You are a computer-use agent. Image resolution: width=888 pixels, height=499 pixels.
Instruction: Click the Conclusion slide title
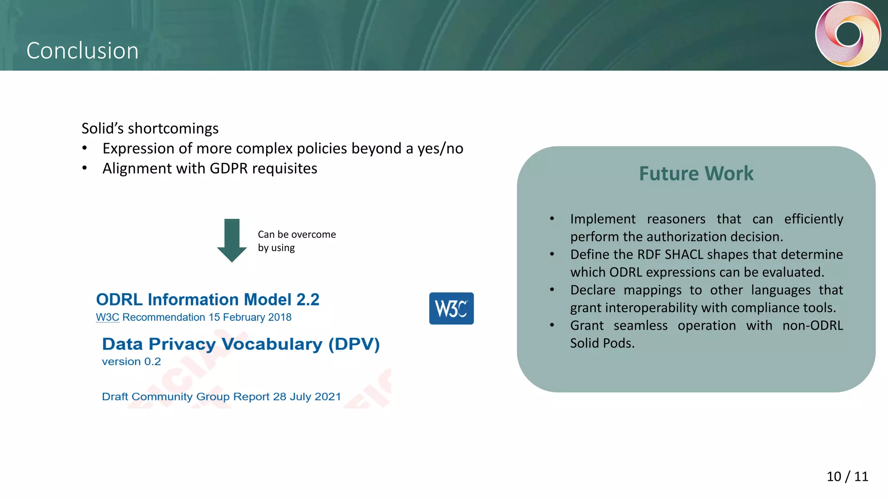tap(82, 51)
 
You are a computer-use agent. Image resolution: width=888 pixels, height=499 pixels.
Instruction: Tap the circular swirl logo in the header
tap(848, 34)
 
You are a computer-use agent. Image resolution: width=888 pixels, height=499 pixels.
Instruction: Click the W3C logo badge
tap(451, 308)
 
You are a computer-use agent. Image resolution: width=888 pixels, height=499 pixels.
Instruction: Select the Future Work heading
tap(696, 173)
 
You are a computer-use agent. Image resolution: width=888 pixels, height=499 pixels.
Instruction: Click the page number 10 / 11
tap(847, 476)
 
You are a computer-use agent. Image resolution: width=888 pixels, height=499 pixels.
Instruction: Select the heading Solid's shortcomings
tap(150, 129)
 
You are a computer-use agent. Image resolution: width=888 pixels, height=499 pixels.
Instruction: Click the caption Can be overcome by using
tap(297, 241)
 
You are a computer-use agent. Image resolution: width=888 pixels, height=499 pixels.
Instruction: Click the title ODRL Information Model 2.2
tap(207, 299)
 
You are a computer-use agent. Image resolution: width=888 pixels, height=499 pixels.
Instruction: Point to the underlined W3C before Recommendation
tap(107, 318)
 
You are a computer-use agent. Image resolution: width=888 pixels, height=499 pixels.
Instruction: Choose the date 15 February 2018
tap(250, 318)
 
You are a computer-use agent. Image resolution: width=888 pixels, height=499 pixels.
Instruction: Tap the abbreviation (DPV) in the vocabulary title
tap(354, 344)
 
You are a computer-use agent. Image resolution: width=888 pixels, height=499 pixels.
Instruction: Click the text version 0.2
tap(131, 362)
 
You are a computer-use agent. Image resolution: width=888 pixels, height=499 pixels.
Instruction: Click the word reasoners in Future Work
tap(676, 219)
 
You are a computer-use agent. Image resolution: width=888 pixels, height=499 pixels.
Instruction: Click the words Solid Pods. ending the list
tap(602, 343)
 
